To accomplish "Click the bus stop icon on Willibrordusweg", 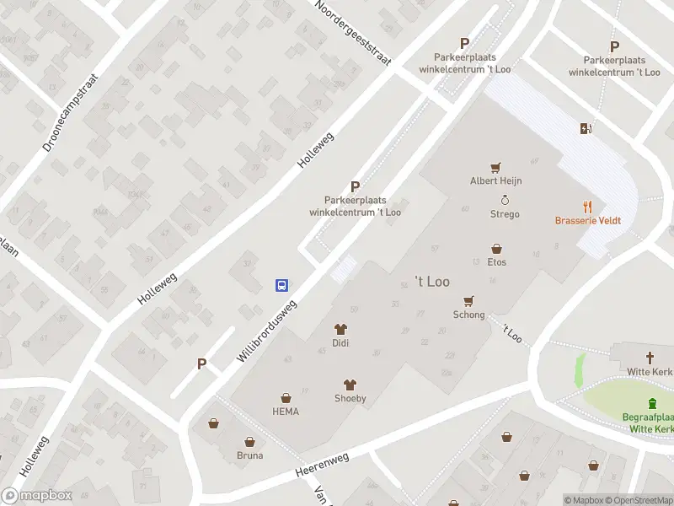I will (282, 285).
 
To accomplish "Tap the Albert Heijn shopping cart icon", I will (496, 167).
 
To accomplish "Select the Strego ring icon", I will (505, 200).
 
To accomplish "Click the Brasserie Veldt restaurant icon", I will (588, 206).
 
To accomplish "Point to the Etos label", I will (496, 263).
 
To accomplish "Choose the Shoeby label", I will (350, 398).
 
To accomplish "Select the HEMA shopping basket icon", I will (286, 397).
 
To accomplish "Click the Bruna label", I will (249, 455).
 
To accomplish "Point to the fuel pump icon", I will (586, 128).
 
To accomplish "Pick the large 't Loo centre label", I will (432, 281).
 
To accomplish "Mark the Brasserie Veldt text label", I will (588, 221).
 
